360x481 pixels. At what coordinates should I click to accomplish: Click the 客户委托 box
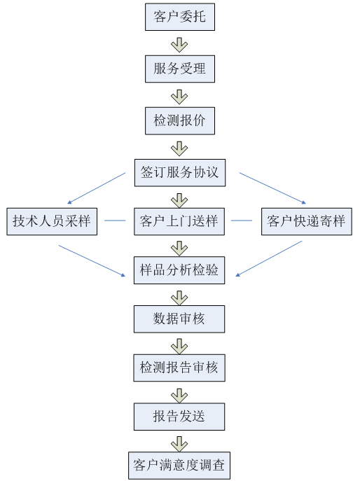(180, 17)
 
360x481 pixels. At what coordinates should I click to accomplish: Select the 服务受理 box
(180, 69)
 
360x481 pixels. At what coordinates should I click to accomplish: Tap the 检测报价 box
(180, 120)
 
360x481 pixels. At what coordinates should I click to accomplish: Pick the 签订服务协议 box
(180, 173)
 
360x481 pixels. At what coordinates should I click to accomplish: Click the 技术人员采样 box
(52, 221)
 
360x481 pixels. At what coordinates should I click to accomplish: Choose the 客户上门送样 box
(179, 221)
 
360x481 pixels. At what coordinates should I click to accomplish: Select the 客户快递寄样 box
(307, 221)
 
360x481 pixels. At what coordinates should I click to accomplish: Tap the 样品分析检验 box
(179, 270)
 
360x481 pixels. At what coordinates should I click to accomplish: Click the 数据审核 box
(179, 319)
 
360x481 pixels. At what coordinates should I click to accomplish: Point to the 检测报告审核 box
(179, 368)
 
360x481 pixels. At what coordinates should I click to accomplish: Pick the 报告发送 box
(179, 417)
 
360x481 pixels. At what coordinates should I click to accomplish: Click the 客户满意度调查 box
(179, 466)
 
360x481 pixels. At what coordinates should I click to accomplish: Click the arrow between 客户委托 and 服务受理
(179, 45)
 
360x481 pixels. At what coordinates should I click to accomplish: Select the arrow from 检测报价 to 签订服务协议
(179, 148)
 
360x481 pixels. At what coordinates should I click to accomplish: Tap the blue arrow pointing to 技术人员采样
(97, 188)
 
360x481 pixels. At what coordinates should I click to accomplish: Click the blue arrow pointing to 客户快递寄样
(273, 188)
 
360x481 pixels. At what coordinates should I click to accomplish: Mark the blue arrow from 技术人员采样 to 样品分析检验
(92, 260)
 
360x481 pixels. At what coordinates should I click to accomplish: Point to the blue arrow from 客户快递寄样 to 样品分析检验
(269, 258)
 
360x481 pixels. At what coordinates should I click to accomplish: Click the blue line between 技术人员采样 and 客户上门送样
(115, 221)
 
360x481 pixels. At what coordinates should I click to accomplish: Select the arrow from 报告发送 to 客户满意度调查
(179, 444)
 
